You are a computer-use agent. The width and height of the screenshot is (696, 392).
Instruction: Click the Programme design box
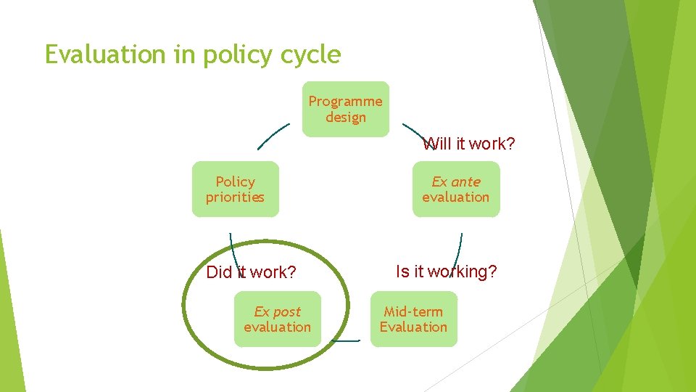click(x=345, y=109)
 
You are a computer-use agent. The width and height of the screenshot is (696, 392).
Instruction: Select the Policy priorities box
click(x=235, y=189)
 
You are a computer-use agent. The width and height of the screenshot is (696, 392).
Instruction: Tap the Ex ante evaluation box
click(x=456, y=189)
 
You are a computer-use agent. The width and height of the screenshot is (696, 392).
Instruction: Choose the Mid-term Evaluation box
click(x=413, y=319)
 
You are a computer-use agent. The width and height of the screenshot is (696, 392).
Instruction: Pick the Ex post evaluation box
click(x=277, y=319)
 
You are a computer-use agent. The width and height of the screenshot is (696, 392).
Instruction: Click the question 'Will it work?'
click(x=469, y=144)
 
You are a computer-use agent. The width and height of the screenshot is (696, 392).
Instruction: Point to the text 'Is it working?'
click(x=446, y=271)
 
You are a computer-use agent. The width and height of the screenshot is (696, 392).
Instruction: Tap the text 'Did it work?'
click(x=251, y=272)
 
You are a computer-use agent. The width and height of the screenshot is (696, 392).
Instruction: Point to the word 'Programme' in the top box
click(x=345, y=101)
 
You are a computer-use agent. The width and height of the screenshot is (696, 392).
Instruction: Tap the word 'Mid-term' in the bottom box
click(x=413, y=311)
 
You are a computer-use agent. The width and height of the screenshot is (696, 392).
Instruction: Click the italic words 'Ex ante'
click(x=456, y=181)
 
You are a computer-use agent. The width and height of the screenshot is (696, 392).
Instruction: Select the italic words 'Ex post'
click(x=277, y=311)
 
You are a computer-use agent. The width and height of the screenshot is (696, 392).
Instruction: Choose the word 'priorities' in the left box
click(x=235, y=197)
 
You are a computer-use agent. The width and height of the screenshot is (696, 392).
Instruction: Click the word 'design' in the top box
click(x=346, y=117)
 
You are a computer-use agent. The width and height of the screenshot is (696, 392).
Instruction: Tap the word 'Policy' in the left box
click(x=236, y=181)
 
